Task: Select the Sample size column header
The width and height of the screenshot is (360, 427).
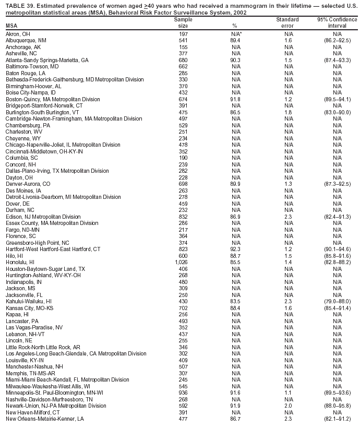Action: point(183,22)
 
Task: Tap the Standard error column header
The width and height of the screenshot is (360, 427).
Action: point(287,22)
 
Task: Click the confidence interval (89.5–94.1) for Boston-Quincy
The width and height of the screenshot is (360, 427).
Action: point(333,99)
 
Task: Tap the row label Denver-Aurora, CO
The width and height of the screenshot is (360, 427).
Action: point(28,184)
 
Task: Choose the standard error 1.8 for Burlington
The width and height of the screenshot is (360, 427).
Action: point(288,112)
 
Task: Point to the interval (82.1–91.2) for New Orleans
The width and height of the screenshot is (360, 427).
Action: point(333,419)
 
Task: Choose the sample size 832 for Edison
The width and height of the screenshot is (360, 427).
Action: point(183,217)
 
